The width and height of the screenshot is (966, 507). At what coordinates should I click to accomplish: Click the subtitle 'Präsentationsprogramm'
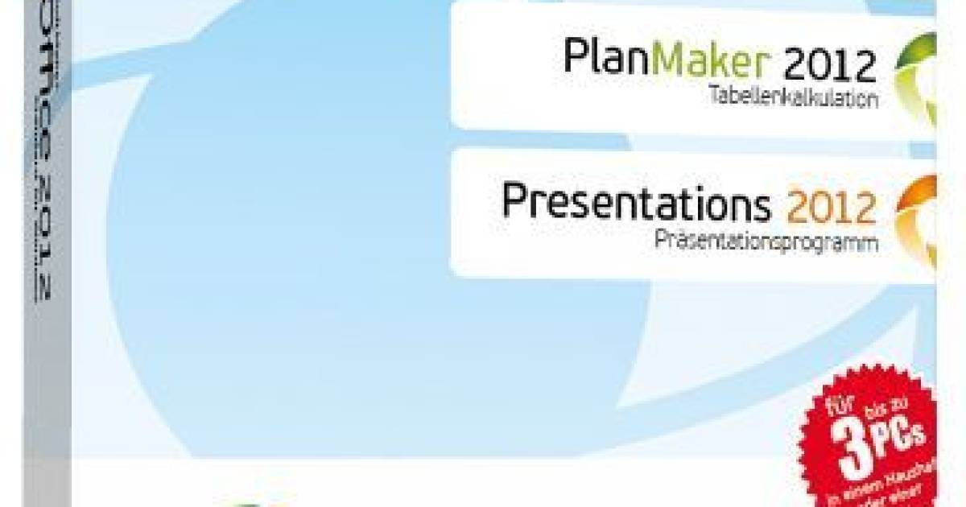coord(765,239)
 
